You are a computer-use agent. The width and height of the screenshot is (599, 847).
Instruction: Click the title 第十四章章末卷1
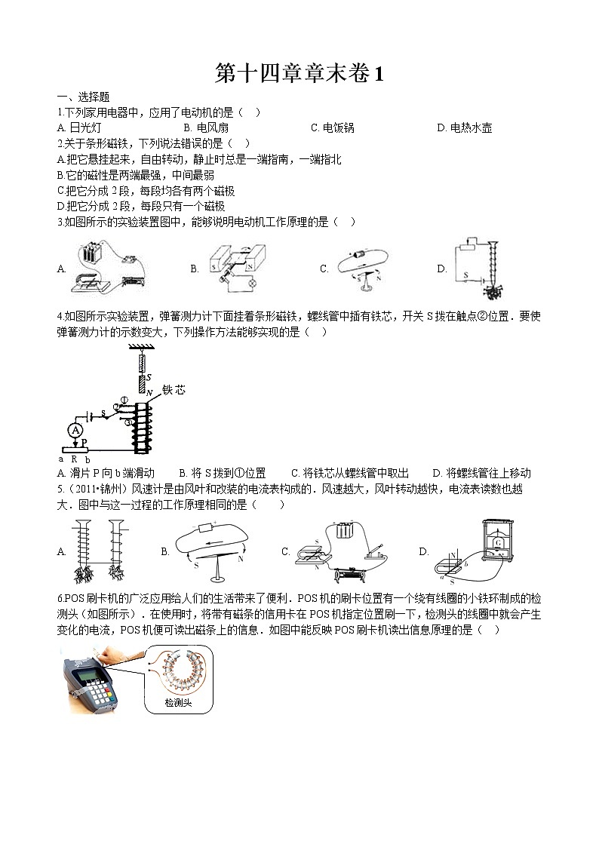299,74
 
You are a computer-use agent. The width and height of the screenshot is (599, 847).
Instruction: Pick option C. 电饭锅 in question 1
333,128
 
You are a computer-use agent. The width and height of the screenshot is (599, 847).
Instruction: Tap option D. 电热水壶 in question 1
465,128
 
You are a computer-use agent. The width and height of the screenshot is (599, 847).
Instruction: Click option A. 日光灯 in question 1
79,128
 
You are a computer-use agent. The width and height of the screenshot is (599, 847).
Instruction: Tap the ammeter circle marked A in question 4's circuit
75,430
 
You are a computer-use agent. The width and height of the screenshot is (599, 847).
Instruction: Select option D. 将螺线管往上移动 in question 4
481,474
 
